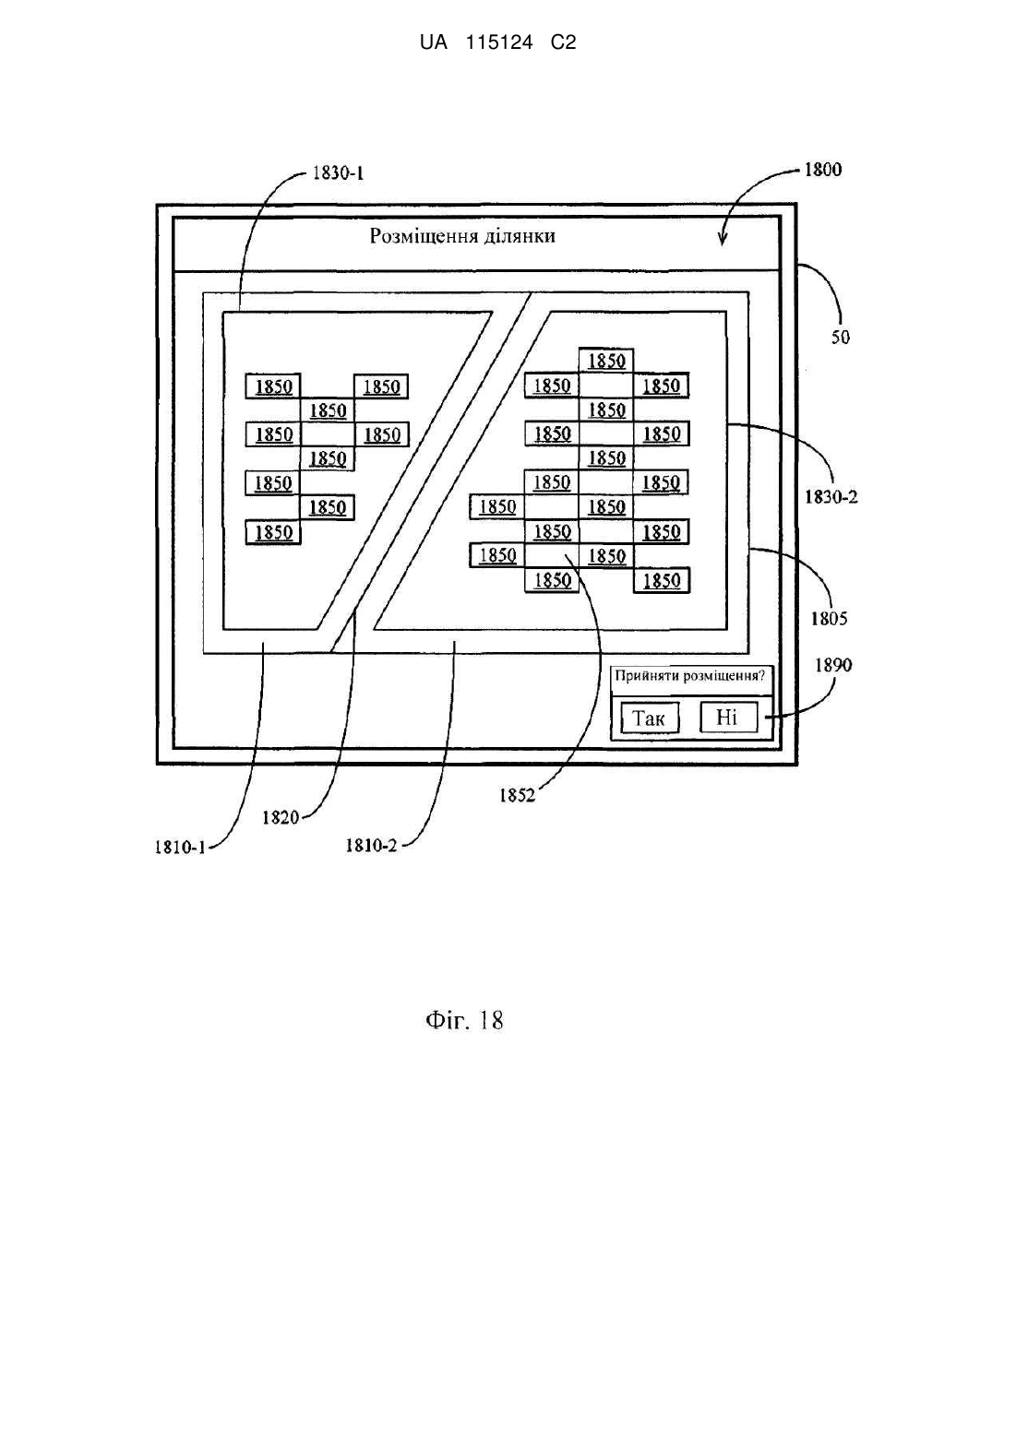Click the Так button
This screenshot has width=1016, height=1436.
point(650,718)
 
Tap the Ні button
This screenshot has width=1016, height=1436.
point(728,717)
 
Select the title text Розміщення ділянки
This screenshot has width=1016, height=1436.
point(461,236)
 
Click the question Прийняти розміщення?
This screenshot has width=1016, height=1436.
point(690,676)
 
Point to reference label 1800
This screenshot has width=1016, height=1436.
point(822,170)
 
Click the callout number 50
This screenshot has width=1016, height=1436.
point(841,338)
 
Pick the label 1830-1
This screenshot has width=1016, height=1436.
point(338,173)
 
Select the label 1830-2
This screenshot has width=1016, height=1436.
point(831,497)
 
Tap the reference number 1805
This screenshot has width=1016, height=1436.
point(829,619)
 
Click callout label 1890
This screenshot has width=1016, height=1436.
point(833,666)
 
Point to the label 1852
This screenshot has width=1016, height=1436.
point(517,796)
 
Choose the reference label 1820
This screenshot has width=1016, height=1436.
point(281,817)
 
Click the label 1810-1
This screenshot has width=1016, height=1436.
point(180,848)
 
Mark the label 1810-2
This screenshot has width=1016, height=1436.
point(371,846)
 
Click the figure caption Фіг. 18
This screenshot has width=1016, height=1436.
point(464,1020)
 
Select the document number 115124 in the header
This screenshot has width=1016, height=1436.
point(499,42)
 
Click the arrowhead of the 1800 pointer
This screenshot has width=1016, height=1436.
point(723,241)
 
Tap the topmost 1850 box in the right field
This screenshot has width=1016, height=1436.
point(606,361)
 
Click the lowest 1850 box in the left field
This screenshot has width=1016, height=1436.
point(273,533)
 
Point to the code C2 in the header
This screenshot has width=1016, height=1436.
point(563,42)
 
